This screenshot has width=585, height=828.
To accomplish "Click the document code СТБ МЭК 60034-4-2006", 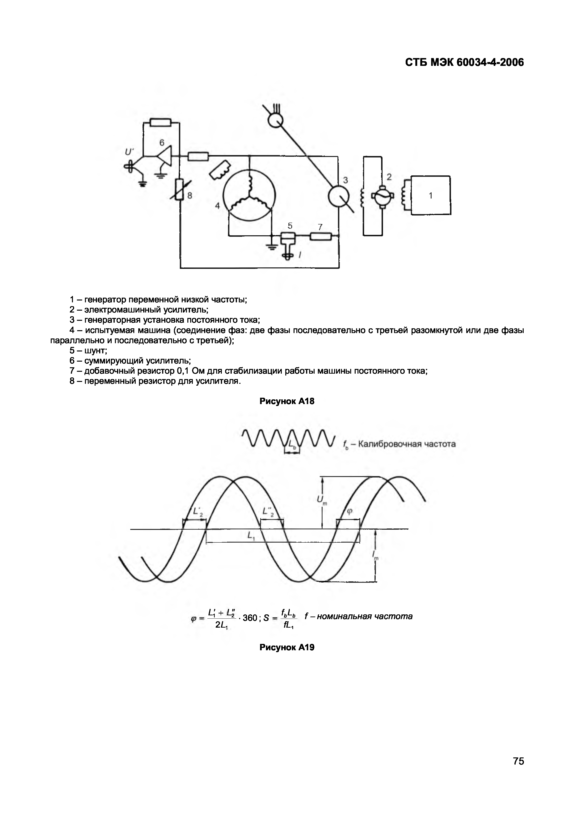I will click(464, 63).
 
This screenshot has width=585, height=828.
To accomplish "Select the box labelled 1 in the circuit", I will click(431, 195).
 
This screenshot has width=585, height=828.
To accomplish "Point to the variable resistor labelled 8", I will click(180, 189).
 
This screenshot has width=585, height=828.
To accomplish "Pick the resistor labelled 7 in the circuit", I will click(320, 236).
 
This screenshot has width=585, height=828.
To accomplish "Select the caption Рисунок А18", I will click(287, 401).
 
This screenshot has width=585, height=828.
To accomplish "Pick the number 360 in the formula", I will click(250, 618).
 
